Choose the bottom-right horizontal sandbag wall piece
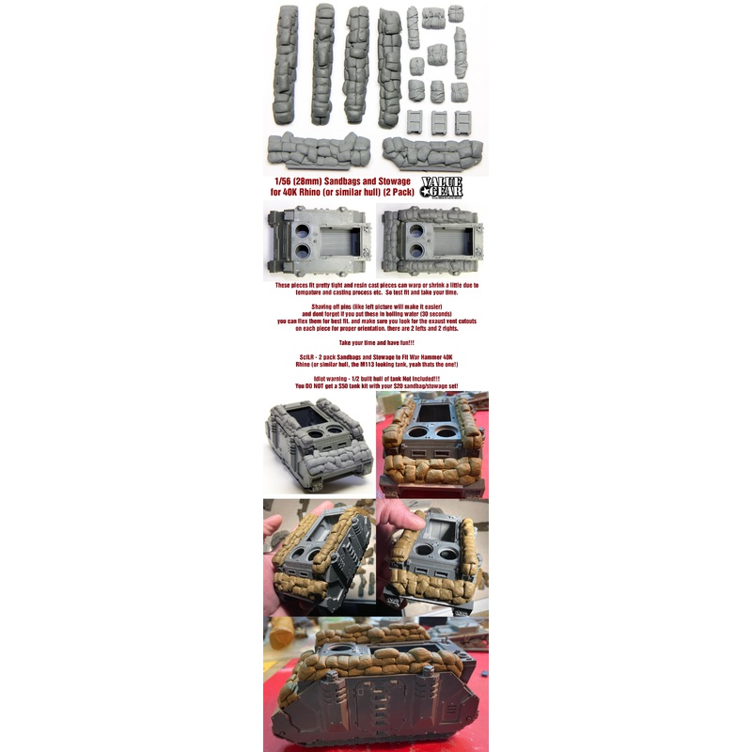coord(432,150)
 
